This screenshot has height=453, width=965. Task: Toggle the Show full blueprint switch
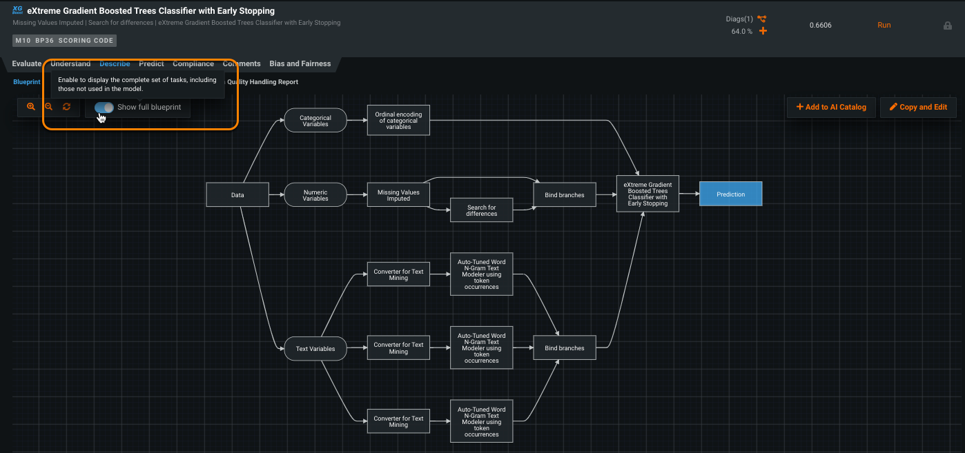pyautogui.click(x=104, y=108)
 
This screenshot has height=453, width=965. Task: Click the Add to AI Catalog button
pyautogui.click(x=831, y=107)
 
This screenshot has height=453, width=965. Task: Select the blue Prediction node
pyautogui.click(x=730, y=194)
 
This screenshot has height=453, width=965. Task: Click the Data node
pyautogui.click(x=237, y=195)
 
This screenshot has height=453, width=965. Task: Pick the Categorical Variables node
pyautogui.click(x=315, y=121)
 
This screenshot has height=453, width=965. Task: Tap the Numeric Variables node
pyautogui.click(x=315, y=195)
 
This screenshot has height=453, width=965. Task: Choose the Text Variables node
pyautogui.click(x=315, y=349)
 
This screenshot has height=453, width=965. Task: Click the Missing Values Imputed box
pyautogui.click(x=398, y=195)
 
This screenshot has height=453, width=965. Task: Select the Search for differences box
pyautogui.click(x=481, y=210)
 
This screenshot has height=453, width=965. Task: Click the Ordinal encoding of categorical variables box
pyautogui.click(x=398, y=121)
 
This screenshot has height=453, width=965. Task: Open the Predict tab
pyautogui.click(x=151, y=63)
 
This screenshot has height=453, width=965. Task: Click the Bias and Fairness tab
pyautogui.click(x=300, y=63)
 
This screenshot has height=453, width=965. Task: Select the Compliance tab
pyautogui.click(x=193, y=63)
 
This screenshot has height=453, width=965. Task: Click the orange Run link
pyautogui.click(x=884, y=25)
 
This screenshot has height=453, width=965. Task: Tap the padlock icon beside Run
pyautogui.click(x=948, y=26)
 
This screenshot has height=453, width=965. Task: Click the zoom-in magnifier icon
pyautogui.click(x=31, y=107)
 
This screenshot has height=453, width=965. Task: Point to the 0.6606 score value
pyautogui.click(x=821, y=25)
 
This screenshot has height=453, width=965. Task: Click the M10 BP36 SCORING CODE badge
pyautogui.click(x=64, y=41)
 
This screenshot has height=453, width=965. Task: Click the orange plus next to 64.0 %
pyautogui.click(x=763, y=31)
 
